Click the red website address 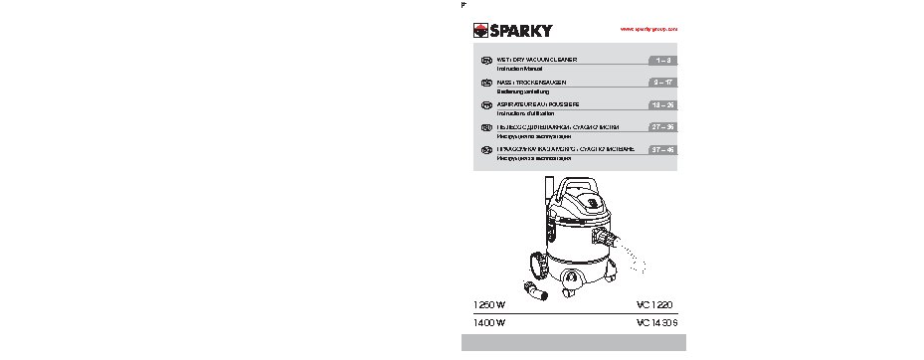pyautogui.click(x=648, y=31)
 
